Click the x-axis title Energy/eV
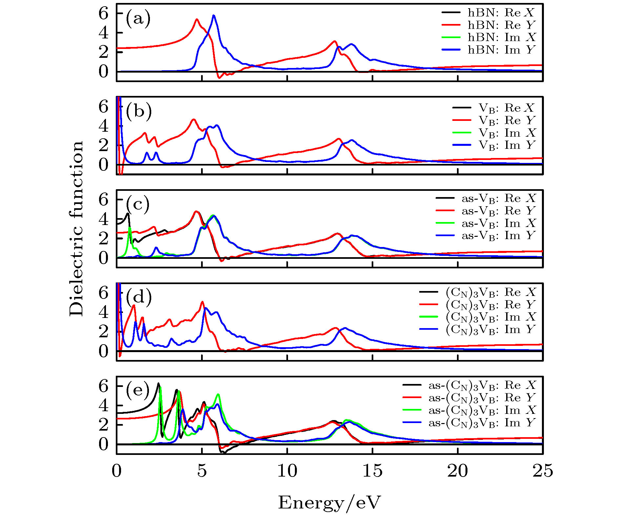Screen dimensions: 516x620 tap(329, 503)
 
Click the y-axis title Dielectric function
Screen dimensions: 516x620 tap(76, 229)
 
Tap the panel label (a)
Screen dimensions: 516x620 tap(138, 18)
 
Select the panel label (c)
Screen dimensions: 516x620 tap(138, 204)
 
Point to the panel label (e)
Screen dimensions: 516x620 tap(138, 390)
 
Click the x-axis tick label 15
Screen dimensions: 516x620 tap(372, 471)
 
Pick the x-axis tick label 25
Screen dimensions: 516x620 tap(543, 471)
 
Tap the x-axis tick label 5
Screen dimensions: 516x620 tap(202, 471)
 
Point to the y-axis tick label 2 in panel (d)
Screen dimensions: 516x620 tap(103, 331)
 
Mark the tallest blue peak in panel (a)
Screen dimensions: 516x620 tap(214, 15)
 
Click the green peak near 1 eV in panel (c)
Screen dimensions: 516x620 tap(130, 228)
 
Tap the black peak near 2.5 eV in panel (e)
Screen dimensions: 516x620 tap(158, 384)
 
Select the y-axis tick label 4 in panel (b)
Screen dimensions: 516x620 tap(103, 126)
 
